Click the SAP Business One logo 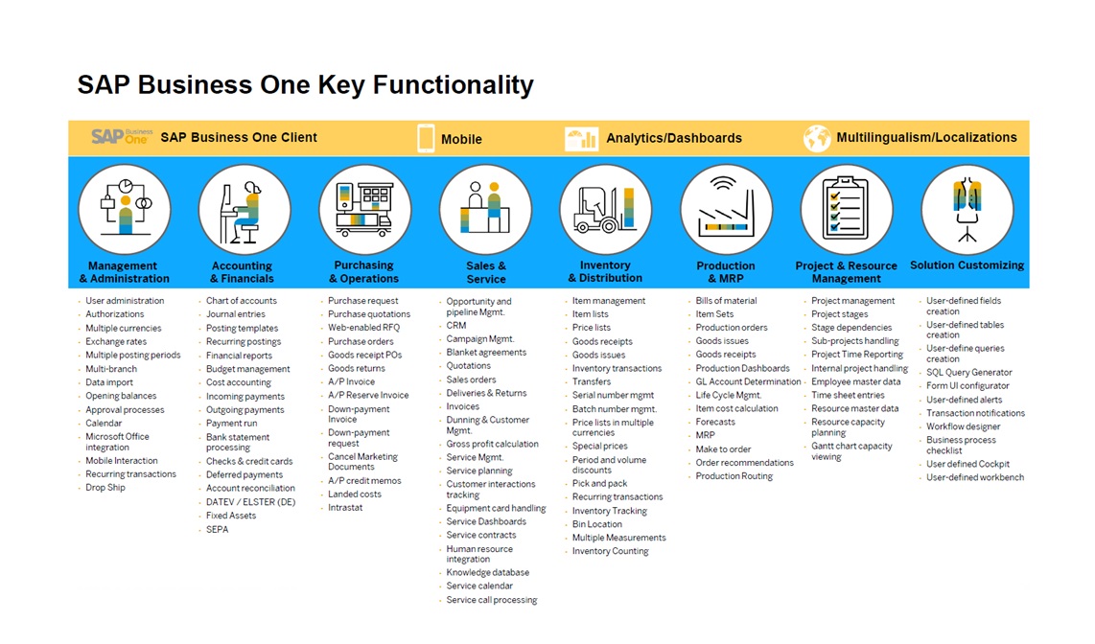click(x=122, y=136)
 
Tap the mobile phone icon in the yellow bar click(x=426, y=138)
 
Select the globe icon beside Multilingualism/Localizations click(x=816, y=137)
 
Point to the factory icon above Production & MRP click(x=726, y=208)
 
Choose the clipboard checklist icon click(x=845, y=207)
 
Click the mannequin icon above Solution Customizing click(x=967, y=209)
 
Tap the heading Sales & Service click(x=486, y=272)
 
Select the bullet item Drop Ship click(x=105, y=488)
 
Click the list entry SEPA click(x=218, y=530)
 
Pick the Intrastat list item click(x=345, y=508)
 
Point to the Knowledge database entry click(x=487, y=573)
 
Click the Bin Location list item click(x=597, y=525)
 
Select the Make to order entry click(x=724, y=449)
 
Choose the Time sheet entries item click(x=848, y=396)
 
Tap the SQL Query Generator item click(x=969, y=373)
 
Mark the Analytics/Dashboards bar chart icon click(x=581, y=138)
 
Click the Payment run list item click(x=231, y=424)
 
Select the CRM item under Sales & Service click(x=456, y=326)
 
